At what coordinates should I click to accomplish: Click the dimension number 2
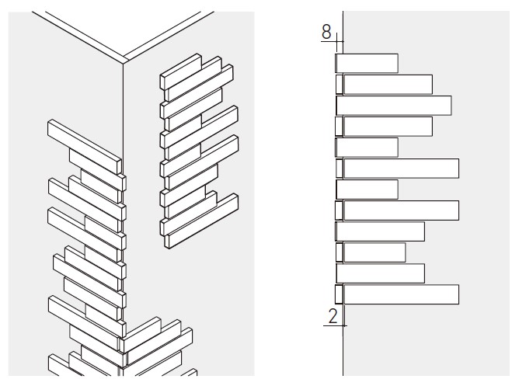point(332,315)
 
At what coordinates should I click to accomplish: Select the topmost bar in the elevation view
point(367,64)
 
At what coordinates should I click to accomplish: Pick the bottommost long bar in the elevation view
point(401,294)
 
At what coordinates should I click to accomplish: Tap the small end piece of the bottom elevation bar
point(339,294)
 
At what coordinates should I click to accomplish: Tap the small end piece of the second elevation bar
point(340,85)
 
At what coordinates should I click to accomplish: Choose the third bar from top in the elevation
point(393,106)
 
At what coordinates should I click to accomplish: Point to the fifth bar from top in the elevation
point(367,148)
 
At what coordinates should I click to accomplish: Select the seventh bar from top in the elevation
point(367,190)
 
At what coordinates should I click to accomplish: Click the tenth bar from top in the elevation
point(374,252)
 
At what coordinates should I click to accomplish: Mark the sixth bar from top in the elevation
point(401,169)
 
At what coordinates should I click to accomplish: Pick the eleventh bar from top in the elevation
point(380,273)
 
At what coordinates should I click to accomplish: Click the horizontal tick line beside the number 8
point(330,40)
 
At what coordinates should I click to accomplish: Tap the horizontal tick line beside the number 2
point(333,325)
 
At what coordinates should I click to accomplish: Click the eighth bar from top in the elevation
point(401,210)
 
